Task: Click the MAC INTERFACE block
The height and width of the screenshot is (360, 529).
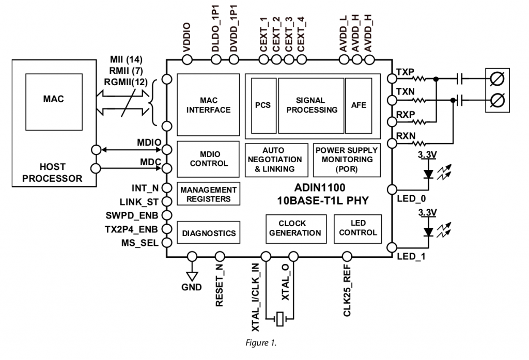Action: pos(208,104)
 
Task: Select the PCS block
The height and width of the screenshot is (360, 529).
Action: pos(263,105)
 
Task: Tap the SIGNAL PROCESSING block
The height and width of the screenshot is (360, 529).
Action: pos(311,105)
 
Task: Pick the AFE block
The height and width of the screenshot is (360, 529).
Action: pos(358,105)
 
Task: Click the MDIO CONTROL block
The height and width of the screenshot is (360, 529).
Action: pos(208,159)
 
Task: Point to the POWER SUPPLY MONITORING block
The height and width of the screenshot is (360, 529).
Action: pos(346,159)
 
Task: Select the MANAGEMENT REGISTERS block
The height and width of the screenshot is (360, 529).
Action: pos(208,194)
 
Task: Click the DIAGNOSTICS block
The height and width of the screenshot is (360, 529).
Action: pos(208,233)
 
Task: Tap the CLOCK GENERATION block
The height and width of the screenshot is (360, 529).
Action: pos(295,228)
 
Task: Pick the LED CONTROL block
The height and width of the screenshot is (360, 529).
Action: pos(357,228)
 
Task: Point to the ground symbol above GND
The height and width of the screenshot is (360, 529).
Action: pos(192,274)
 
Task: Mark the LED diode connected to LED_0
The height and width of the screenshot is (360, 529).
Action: pos(427,173)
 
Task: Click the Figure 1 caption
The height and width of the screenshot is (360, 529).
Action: pos(264,342)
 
